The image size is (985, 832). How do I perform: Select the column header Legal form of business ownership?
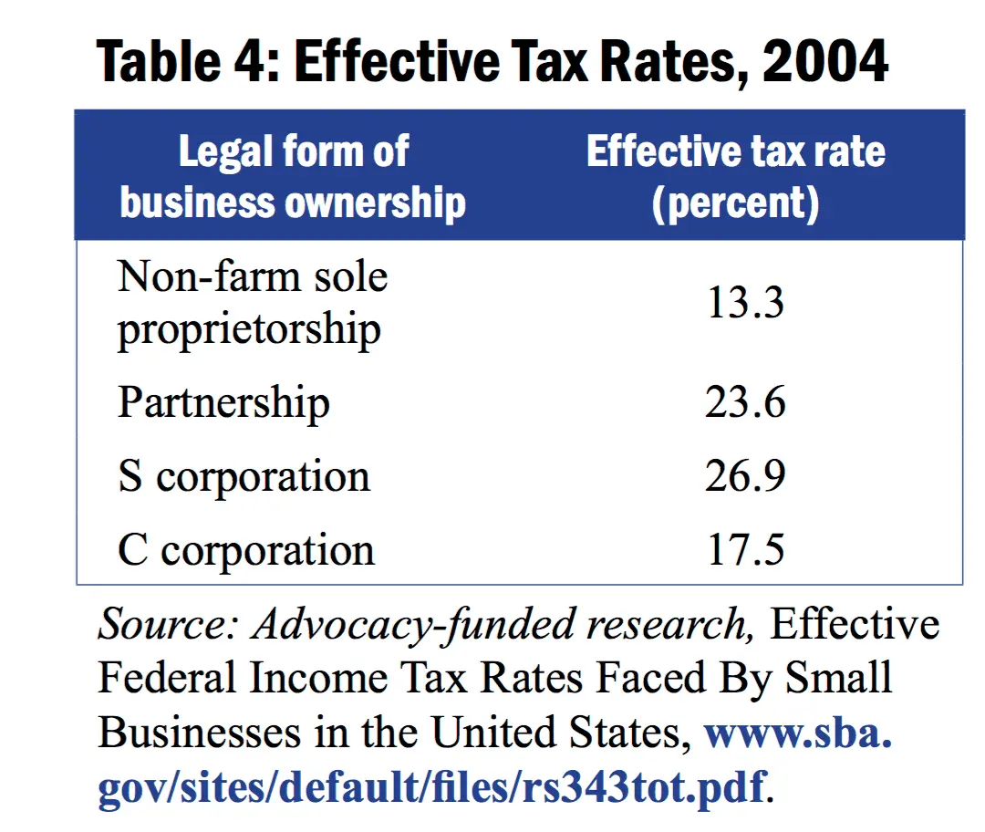(x=293, y=176)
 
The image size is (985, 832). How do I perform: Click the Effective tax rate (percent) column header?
(x=735, y=176)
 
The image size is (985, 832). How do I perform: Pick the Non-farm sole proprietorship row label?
(x=253, y=303)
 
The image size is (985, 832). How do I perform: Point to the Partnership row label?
(x=223, y=402)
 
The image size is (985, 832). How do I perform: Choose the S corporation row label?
(x=244, y=476)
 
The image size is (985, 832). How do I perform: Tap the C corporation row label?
(x=246, y=550)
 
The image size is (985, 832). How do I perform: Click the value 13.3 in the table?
(x=745, y=303)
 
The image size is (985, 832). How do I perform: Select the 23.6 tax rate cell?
(x=745, y=402)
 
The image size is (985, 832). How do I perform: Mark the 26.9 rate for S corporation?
(x=745, y=476)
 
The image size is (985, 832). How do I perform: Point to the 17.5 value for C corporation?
(x=745, y=550)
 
